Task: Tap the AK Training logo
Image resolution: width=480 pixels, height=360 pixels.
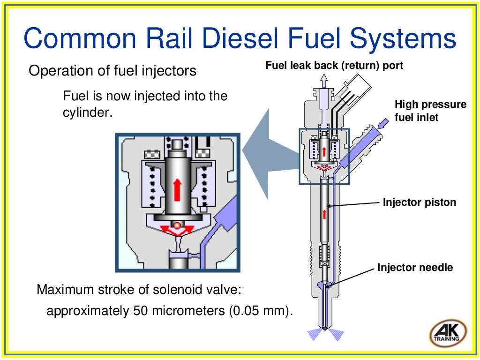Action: (x=447, y=334)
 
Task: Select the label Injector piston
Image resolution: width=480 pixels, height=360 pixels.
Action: (x=419, y=202)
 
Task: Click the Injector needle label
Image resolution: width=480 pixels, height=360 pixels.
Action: (x=415, y=268)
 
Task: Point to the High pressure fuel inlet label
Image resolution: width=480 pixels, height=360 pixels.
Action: (x=430, y=111)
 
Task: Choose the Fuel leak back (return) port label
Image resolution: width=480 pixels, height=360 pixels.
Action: (x=334, y=66)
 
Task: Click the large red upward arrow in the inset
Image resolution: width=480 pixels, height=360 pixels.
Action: (x=177, y=189)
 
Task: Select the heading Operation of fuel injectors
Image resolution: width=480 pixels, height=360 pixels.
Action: (x=112, y=71)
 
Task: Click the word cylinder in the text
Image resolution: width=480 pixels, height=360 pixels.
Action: (x=87, y=113)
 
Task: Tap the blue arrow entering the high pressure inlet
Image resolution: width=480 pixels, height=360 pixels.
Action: (x=383, y=124)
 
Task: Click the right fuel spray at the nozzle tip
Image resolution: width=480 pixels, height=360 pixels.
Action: (x=336, y=334)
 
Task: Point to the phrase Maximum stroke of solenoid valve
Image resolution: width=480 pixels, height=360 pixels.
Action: (x=139, y=289)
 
